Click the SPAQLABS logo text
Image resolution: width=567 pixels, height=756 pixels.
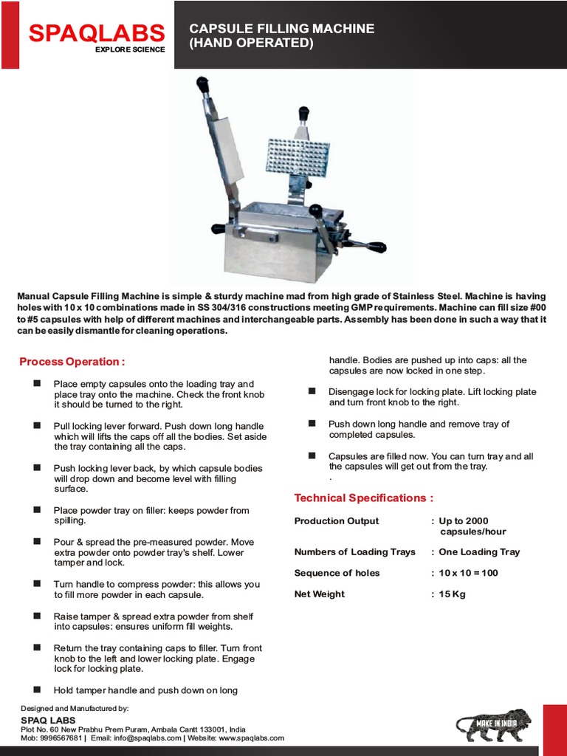[96, 32]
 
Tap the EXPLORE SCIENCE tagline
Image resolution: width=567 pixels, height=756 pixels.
[130, 49]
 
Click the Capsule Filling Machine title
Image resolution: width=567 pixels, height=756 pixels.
[282, 35]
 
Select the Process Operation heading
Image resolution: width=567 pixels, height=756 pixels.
[72, 362]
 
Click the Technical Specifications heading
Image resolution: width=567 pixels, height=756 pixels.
[364, 498]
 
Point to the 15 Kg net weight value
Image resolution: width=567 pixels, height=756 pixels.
[452, 594]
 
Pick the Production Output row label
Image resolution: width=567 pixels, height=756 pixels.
[337, 520]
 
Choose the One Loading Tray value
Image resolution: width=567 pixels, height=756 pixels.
[479, 551]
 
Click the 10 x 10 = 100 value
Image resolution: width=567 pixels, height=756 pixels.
[468, 573]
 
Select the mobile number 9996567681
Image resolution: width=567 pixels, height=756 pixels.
[61, 738]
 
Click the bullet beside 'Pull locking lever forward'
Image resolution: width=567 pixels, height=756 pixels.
[37, 426]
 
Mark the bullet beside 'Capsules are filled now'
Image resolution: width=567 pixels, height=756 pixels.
[312, 456]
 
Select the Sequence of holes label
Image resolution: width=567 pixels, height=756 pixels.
[337, 573]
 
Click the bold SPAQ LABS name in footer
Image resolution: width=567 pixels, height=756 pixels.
[48, 720]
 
